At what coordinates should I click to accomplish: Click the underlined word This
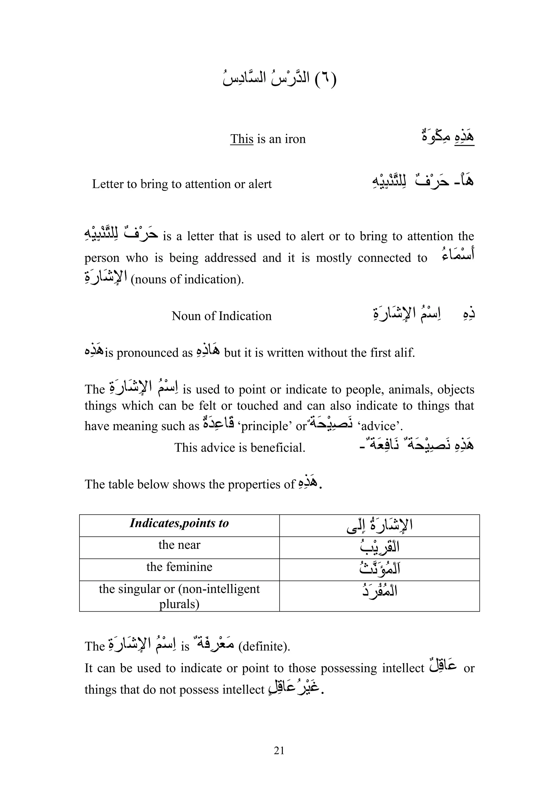(x=242, y=139)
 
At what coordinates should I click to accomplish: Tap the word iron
(x=295, y=139)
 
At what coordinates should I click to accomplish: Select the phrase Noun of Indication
(x=221, y=316)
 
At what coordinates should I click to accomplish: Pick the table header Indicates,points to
(x=179, y=523)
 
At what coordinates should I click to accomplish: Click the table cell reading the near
(x=179, y=545)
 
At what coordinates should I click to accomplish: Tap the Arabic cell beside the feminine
(x=379, y=568)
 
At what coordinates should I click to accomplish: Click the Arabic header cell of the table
(x=379, y=524)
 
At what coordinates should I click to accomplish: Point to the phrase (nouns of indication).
(x=187, y=279)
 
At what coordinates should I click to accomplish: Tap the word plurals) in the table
(x=179, y=604)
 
